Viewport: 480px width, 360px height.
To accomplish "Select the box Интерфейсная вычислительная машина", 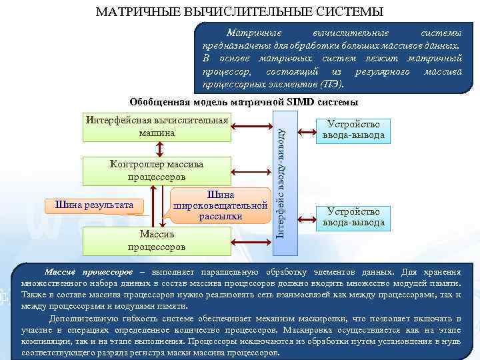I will [157, 127].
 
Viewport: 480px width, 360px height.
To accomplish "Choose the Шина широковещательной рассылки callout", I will [220, 205].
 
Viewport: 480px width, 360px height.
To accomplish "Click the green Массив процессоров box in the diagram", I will [157, 240].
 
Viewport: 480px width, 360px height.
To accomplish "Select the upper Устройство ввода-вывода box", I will [353, 130].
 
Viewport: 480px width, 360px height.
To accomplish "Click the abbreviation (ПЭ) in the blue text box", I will [331, 85].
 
